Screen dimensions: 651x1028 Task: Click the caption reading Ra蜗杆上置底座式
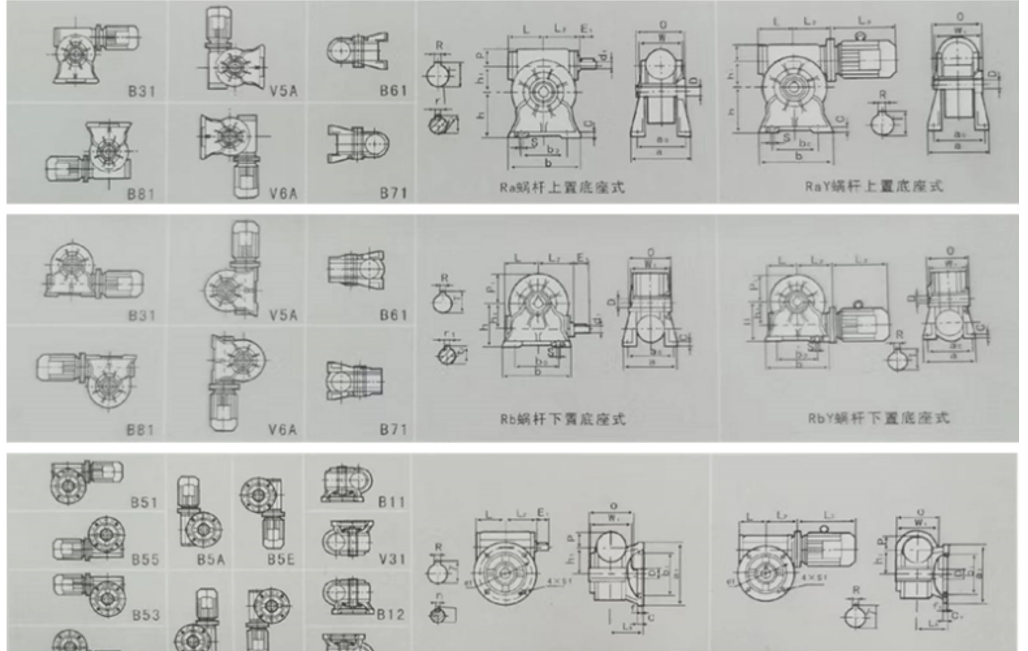pos(561,187)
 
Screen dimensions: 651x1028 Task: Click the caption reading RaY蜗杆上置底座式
pos(873,186)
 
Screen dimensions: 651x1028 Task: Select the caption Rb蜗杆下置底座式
pos(563,419)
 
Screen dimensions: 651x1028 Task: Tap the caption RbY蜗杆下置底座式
pos(878,417)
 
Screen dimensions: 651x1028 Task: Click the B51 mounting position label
pos(144,502)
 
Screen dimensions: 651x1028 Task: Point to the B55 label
pos(145,559)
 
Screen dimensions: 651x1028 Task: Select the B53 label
pos(145,615)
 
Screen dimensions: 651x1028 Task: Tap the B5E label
pos(280,559)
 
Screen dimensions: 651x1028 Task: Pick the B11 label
pos(392,502)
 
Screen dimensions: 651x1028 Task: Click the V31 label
pos(392,559)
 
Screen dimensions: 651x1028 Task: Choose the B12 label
pos(390,614)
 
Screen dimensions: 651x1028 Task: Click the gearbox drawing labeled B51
pos(86,480)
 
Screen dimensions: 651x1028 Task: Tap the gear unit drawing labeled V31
pos(347,539)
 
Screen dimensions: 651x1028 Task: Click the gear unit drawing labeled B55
pos(89,540)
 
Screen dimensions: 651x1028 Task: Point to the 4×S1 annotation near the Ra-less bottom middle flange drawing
pos(558,579)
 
